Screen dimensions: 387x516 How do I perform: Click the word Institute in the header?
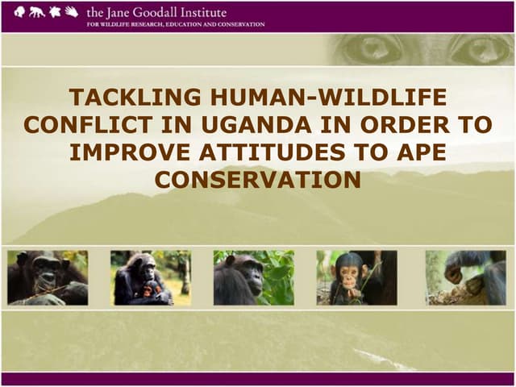click(206, 12)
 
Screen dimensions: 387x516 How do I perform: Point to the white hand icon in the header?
click(72, 12)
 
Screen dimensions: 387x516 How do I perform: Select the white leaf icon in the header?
click(54, 12)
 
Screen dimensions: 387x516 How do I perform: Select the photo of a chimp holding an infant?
click(150, 277)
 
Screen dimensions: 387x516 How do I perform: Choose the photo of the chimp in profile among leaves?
click(253, 277)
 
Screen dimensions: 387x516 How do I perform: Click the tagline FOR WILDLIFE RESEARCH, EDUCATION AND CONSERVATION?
click(175, 24)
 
